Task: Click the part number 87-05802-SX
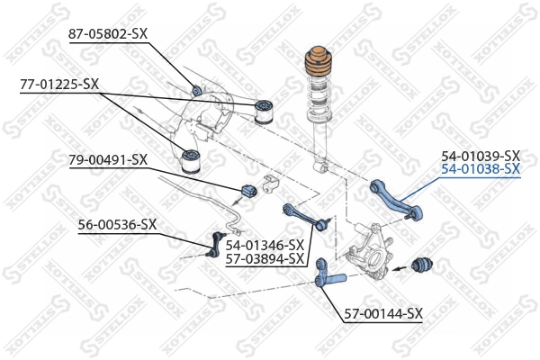(108, 34)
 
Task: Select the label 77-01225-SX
(59, 85)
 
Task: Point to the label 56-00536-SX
(117, 224)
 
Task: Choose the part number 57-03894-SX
(265, 258)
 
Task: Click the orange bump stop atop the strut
(320, 66)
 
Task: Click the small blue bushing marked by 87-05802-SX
(197, 90)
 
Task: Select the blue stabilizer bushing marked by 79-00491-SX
(249, 192)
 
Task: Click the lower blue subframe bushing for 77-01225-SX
(190, 163)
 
